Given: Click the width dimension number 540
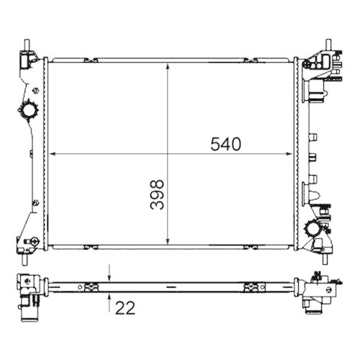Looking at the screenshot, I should (225, 143).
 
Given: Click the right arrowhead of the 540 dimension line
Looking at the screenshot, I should (292, 153).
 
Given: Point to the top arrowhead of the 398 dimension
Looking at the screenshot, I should (168, 66).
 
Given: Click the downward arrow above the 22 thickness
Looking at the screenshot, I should (109, 277).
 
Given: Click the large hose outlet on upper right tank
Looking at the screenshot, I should (316, 91).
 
